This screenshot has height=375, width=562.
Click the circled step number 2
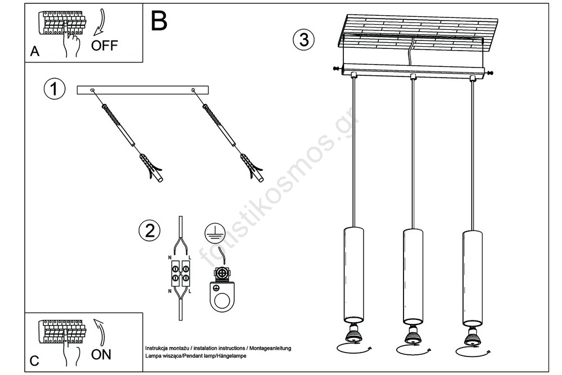click(x=149, y=230)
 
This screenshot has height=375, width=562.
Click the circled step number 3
click(x=303, y=39)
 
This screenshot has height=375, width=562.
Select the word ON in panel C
click(x=101, y=354)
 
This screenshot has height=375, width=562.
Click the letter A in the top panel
click(x=35, y=52)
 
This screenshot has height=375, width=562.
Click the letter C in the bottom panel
click(x=34, y=361)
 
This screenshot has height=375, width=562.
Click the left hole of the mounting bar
click(x=93, y=90)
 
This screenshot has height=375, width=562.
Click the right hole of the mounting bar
click(x=193, y=90)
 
